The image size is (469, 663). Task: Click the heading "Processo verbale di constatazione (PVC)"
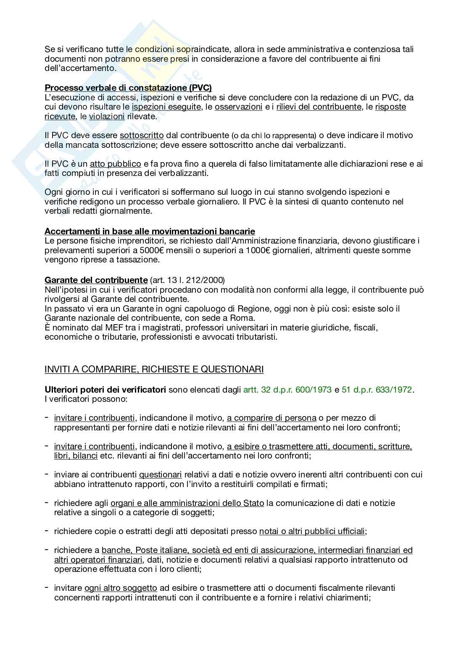click(128, 88)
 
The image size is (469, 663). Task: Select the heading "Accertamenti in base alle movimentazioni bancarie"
click(150, 231)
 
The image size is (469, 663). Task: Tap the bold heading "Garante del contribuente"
click(96, 280)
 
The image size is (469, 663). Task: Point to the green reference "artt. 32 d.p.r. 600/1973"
click(287, 390)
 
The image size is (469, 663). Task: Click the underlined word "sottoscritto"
click(142, 136)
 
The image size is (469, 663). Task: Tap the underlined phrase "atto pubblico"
click(115, 164)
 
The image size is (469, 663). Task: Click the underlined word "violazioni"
click(107, 116)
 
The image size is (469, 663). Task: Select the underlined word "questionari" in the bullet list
click(160, 474)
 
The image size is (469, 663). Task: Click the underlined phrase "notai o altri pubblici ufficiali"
click(312, 531)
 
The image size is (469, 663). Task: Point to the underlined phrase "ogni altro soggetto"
click(121, 588)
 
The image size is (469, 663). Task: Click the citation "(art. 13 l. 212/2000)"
click(187, 280)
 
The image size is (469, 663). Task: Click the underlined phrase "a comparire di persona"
click(271, 418)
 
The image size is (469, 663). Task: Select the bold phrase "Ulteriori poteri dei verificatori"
click(105, 390)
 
